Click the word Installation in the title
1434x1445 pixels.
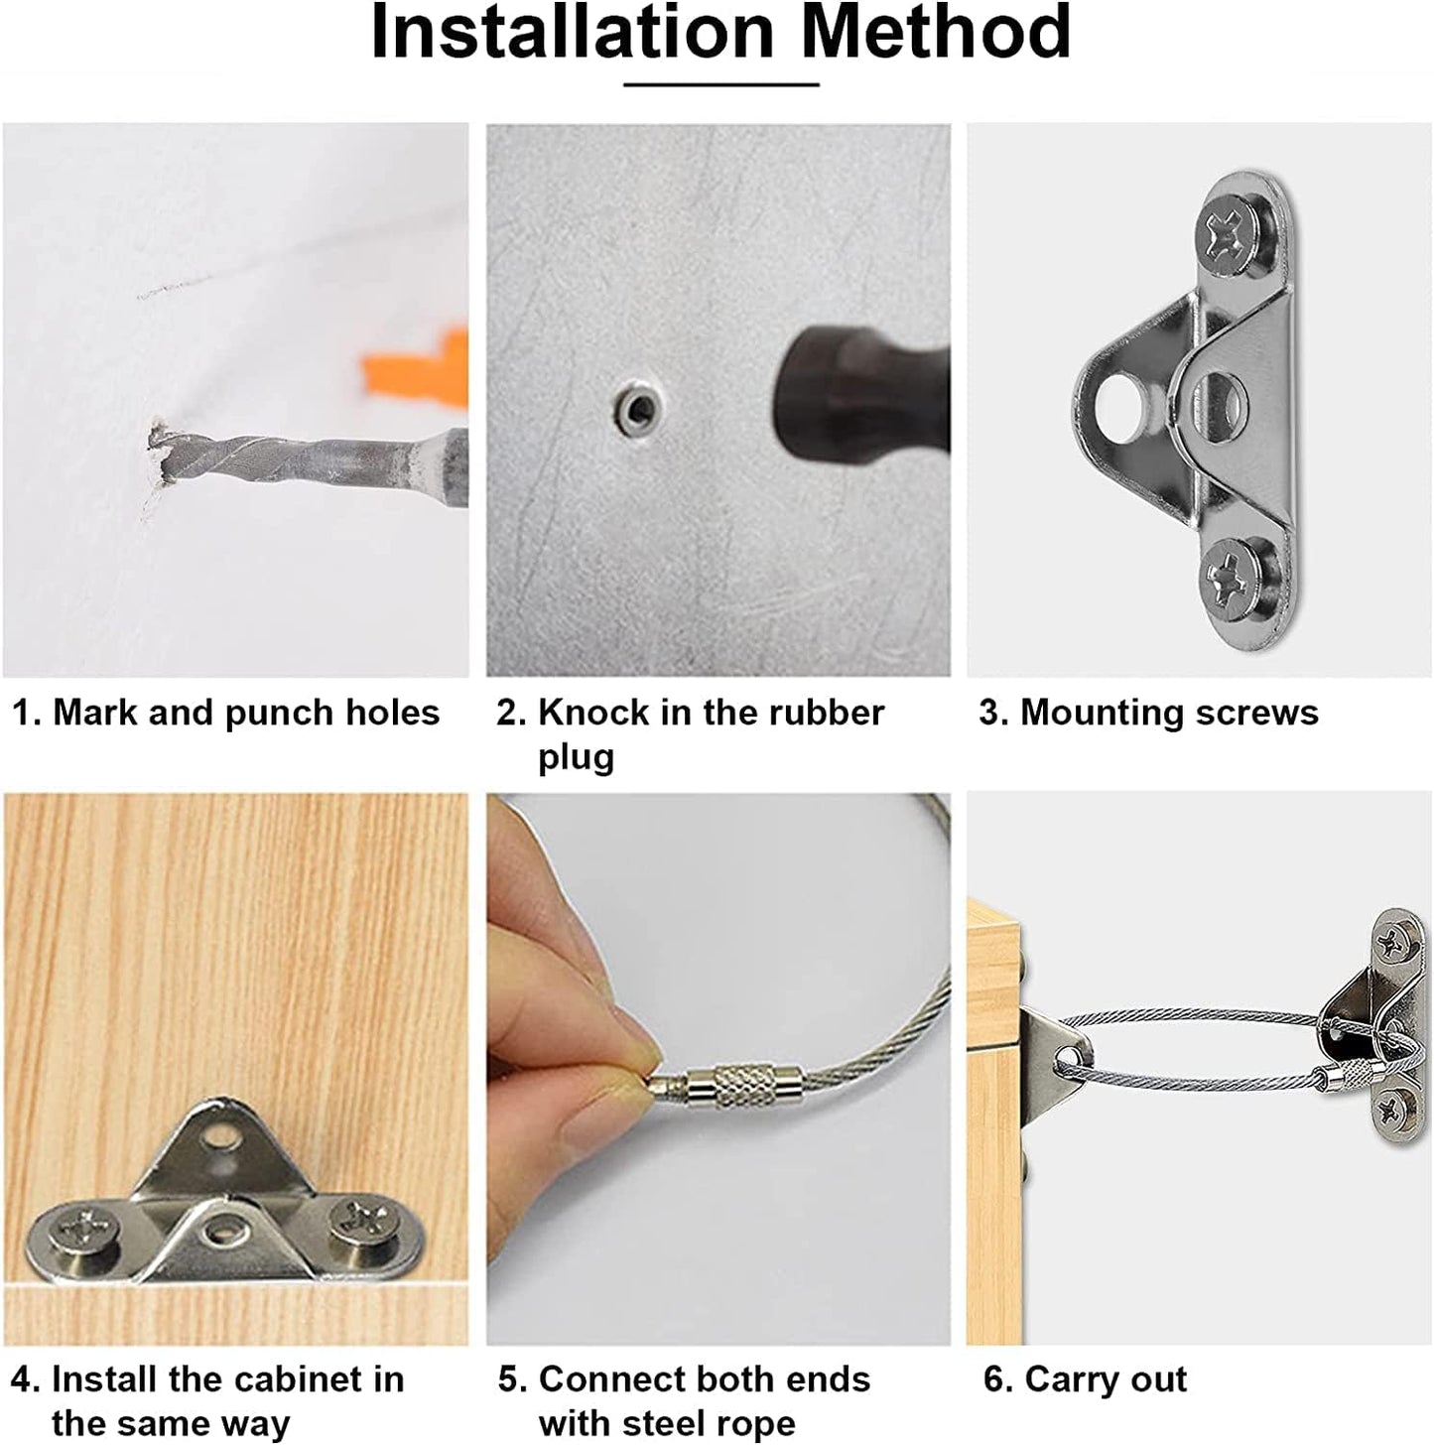573,32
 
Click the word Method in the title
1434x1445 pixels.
936,32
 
